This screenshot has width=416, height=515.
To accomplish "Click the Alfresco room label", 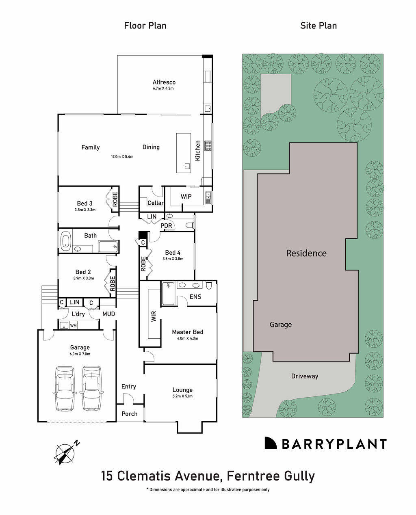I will click(164, 82).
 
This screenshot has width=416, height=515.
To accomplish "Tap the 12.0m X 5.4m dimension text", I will click(122, 156).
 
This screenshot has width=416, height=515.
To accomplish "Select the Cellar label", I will click(156, 203).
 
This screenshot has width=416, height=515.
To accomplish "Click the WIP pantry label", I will click(186, 197).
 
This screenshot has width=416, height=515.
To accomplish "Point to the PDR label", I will click(166, 226).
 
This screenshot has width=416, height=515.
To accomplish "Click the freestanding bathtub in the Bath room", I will click(65, 240).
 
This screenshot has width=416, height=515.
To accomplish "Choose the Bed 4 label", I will click(173, 252).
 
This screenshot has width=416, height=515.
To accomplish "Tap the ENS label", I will click(195, 297).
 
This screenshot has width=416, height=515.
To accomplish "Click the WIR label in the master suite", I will click(154, 317).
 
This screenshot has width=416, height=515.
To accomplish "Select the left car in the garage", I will click(65, 388).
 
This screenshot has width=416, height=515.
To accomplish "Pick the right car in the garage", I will click(91, 388).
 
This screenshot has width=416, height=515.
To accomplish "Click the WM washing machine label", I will click(73, 325).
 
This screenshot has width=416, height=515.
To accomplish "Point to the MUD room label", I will click(108, 314).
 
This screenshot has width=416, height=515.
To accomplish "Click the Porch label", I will click(130, 414).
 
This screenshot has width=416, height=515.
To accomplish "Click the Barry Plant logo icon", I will click(271, 443).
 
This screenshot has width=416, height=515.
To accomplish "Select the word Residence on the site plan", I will click(306, 253).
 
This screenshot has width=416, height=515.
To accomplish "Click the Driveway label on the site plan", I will click(305, 376).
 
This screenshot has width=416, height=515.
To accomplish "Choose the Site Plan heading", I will click(318, 26).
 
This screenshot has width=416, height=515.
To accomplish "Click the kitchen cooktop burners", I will click(208, 145).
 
